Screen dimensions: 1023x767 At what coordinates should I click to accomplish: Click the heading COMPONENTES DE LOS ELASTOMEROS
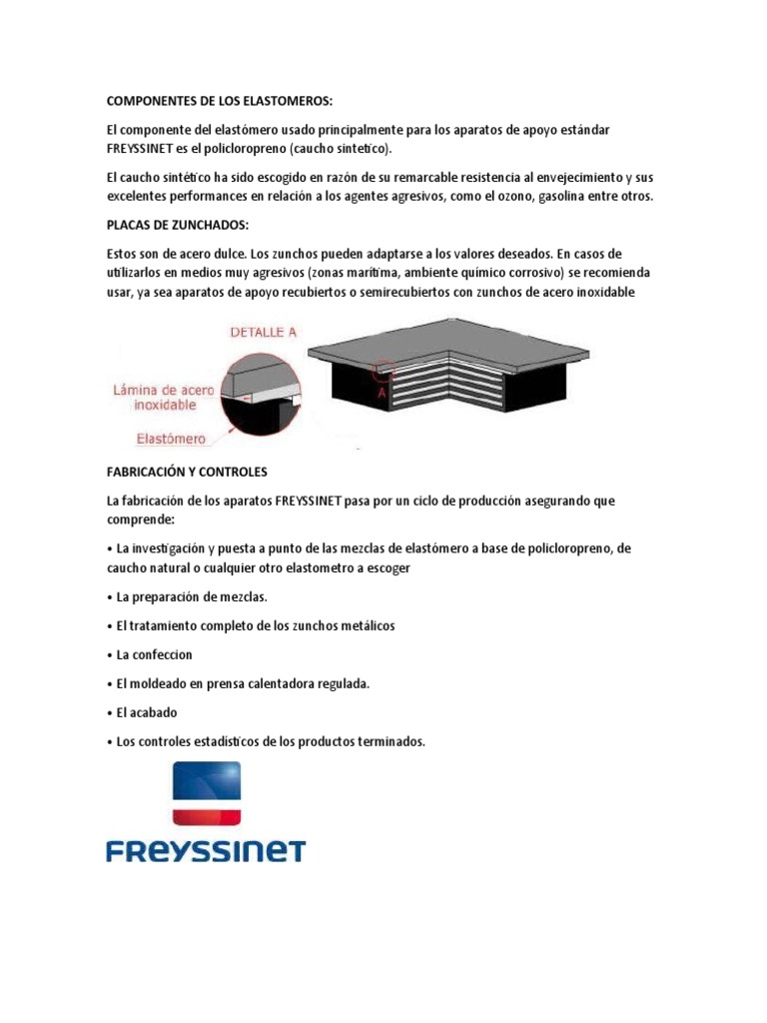[220, 101]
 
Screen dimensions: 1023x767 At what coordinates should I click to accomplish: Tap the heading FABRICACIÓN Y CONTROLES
[187, 471]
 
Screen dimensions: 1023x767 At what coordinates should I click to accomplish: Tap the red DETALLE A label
[264, 333]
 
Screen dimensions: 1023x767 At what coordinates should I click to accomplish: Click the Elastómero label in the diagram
[172, 438]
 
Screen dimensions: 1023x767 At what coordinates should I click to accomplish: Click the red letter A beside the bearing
[382, 393]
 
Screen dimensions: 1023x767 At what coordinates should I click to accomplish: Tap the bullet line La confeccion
[154, 654]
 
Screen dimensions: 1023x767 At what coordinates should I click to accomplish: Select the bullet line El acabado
[146, 712]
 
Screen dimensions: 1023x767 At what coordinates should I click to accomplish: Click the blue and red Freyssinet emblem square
[207, 793]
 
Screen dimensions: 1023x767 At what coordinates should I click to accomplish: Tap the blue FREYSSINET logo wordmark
[206, 851]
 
